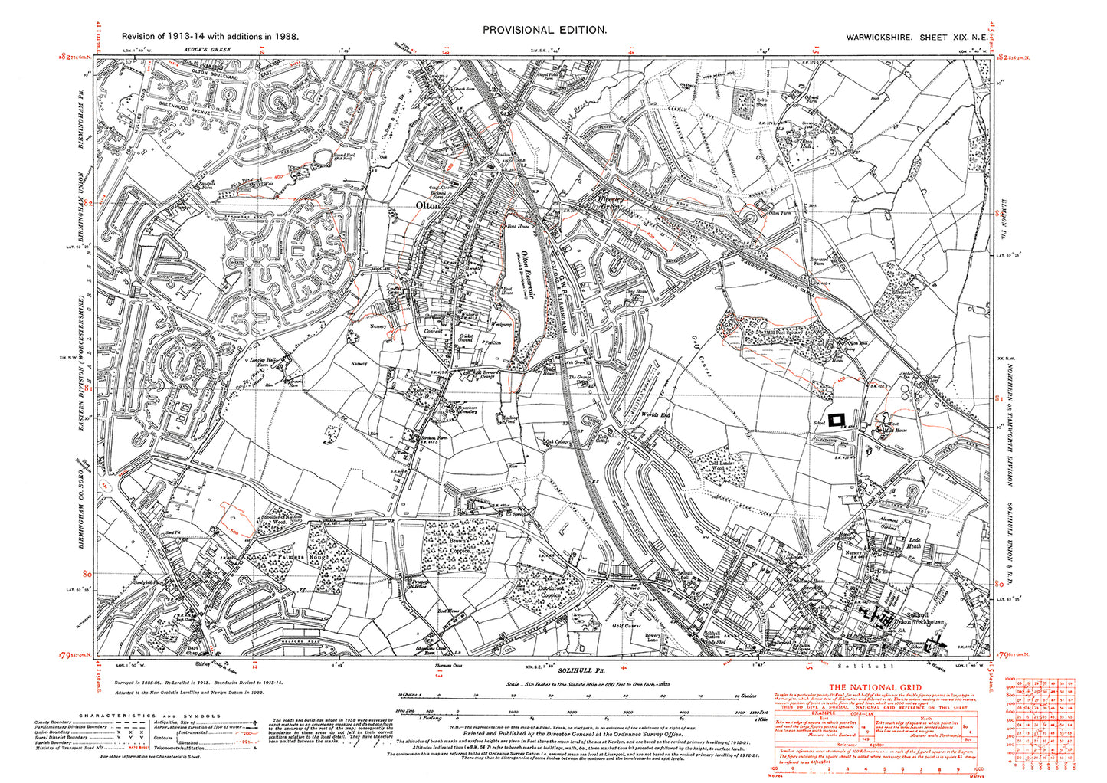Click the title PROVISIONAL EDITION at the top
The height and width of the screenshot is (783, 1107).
(544, 30)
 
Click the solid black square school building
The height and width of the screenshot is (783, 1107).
(837, 418)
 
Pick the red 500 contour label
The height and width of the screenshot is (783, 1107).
(232, 529)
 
